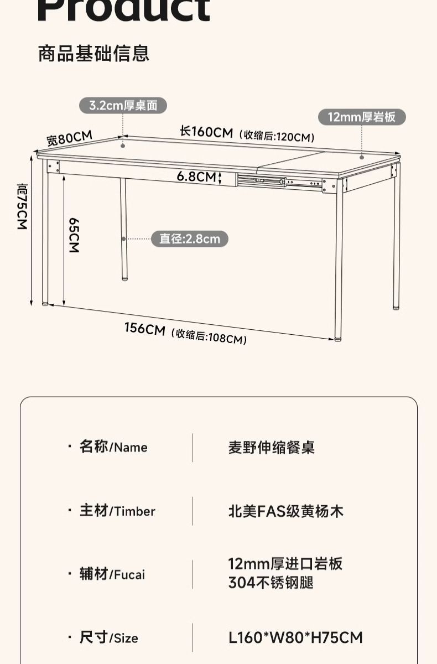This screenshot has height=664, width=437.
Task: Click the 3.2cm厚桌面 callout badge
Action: click(123, 105)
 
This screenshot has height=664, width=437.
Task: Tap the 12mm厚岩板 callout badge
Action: click(362, 117)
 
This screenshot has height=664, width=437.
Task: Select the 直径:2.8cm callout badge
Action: click(190, 239)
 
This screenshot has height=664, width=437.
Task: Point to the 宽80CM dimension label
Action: click(69, 138)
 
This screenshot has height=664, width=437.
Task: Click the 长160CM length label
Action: click(206, 132)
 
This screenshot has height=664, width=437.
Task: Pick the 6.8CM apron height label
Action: click(196, 177)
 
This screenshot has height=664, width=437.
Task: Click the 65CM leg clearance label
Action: click(74, 235)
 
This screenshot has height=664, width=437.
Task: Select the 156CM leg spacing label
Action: click(144, 329)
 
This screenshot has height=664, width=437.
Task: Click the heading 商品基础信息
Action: click(93, 54)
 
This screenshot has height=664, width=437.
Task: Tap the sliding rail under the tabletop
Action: click(279, 181)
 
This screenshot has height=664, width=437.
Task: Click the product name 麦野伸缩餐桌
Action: click(271, 447)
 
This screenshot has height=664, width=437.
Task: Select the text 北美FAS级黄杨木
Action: click(285, 511)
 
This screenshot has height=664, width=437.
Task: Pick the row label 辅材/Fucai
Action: click(112, 574)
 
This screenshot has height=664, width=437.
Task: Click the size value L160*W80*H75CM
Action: click(295, 637)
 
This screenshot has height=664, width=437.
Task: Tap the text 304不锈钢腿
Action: click(270, 583)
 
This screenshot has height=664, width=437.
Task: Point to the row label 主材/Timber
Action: click(117, 511)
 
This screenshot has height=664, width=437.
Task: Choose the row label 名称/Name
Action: click(113, 447)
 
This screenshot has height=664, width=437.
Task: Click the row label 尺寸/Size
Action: click(109, 638)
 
